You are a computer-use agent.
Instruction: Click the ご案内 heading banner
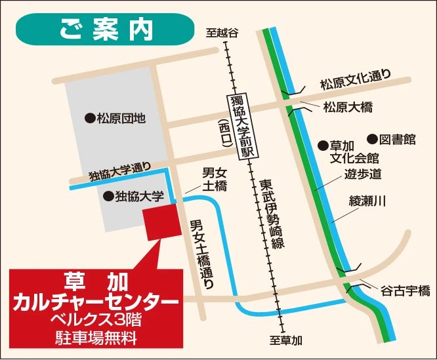tap(106, 29)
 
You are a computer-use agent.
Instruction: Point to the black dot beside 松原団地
tap(90, 119)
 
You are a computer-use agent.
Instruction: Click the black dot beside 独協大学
tap(108, 196)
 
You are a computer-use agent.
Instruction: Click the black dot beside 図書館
tap(372, 139)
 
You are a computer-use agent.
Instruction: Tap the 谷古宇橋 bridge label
tap(405, 289)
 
